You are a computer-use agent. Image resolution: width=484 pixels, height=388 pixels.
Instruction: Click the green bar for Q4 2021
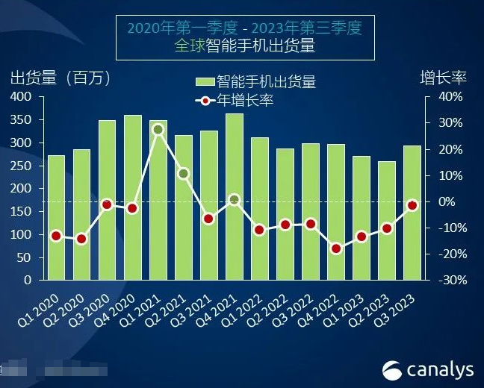click(x=234, y=197)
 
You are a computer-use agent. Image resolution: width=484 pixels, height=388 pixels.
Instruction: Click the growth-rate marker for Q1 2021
click(x=158, y=130)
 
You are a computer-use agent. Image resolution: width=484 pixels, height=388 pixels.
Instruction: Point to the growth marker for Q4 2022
click(x=335, y=249)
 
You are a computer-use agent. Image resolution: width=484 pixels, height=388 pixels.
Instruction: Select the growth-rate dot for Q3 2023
click(x=412, y=205)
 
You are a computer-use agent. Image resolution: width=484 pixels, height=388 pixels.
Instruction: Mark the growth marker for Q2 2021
click(x=183, y=174)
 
